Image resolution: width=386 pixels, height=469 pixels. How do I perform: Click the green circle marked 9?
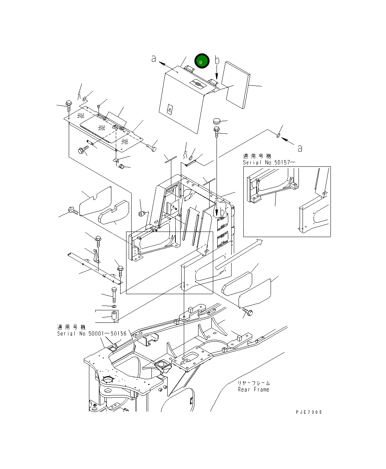coord(202,61)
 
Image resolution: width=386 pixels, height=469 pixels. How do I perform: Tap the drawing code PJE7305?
coord(308,412)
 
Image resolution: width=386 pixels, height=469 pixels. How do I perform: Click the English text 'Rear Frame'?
coord(254,389)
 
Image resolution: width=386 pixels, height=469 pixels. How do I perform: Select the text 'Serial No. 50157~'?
coord(269,162)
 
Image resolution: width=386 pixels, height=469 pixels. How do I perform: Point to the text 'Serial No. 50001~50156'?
coord(92,334)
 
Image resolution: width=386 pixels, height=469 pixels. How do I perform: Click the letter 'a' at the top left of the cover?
coord(154,59)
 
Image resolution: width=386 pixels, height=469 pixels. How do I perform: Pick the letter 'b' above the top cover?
coord(217,60)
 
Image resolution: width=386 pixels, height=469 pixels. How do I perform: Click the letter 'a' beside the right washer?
coord(300,148)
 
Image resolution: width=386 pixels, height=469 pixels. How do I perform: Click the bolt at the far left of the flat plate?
coord(69,105)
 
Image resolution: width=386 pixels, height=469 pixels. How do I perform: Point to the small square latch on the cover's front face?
coord(169,109)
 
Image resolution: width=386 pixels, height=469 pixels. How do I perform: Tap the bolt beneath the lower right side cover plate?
coord(247,313)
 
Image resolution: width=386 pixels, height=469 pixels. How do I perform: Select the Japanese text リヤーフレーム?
coord(254,383)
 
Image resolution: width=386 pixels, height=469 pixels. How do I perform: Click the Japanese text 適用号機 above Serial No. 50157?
coord(257,156)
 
